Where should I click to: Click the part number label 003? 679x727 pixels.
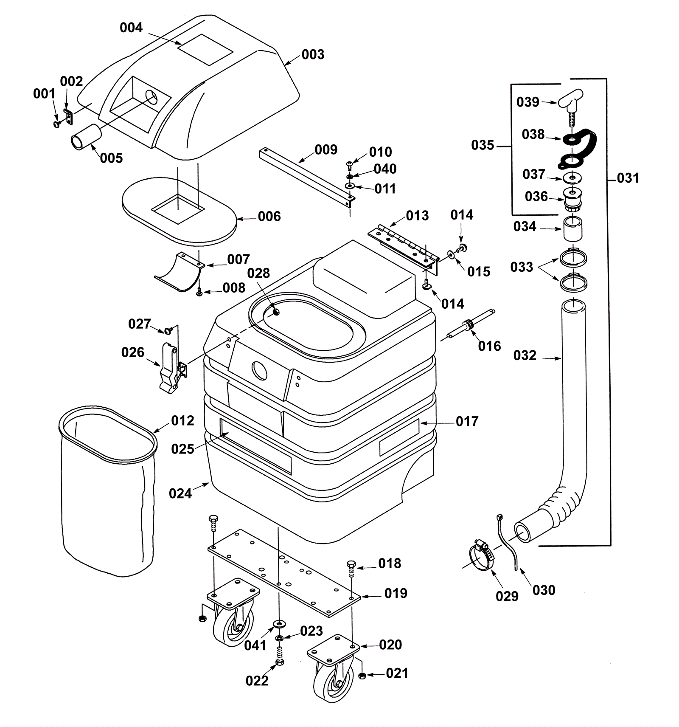point(313,55)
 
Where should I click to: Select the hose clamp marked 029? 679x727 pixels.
point(481,556)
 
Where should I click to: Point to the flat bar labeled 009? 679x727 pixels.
point(307,177)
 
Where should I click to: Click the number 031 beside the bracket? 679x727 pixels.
point(628,178)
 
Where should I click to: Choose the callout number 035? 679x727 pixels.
point(483,145)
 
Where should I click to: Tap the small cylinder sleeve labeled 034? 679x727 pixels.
point(572,229)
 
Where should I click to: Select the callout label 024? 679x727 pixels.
point(180,493)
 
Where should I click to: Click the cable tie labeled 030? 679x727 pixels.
point(508,542)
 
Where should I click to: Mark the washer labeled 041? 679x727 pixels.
point(279,623)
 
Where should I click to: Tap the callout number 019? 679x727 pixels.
point(396,593)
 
